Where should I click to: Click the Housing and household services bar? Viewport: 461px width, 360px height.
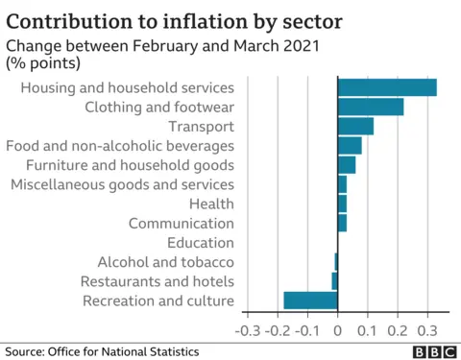[387, 87]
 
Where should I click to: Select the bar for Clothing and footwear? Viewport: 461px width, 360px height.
[371, 107]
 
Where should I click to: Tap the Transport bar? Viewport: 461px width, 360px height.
[355, 126]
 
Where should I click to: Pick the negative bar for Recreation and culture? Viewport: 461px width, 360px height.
[311, 300]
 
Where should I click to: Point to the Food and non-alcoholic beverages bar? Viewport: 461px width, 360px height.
[350, 145]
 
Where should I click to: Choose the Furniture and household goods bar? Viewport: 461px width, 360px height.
[347, 165]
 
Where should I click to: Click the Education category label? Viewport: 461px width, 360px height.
[200, 243]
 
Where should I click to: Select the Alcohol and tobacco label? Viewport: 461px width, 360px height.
[165, 262]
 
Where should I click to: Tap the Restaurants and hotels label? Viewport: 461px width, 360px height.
[157, 281]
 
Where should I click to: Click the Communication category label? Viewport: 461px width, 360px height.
[182, 223]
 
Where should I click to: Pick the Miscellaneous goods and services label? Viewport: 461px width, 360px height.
[122, 184]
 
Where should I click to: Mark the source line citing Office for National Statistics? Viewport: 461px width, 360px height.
[101, 351]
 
